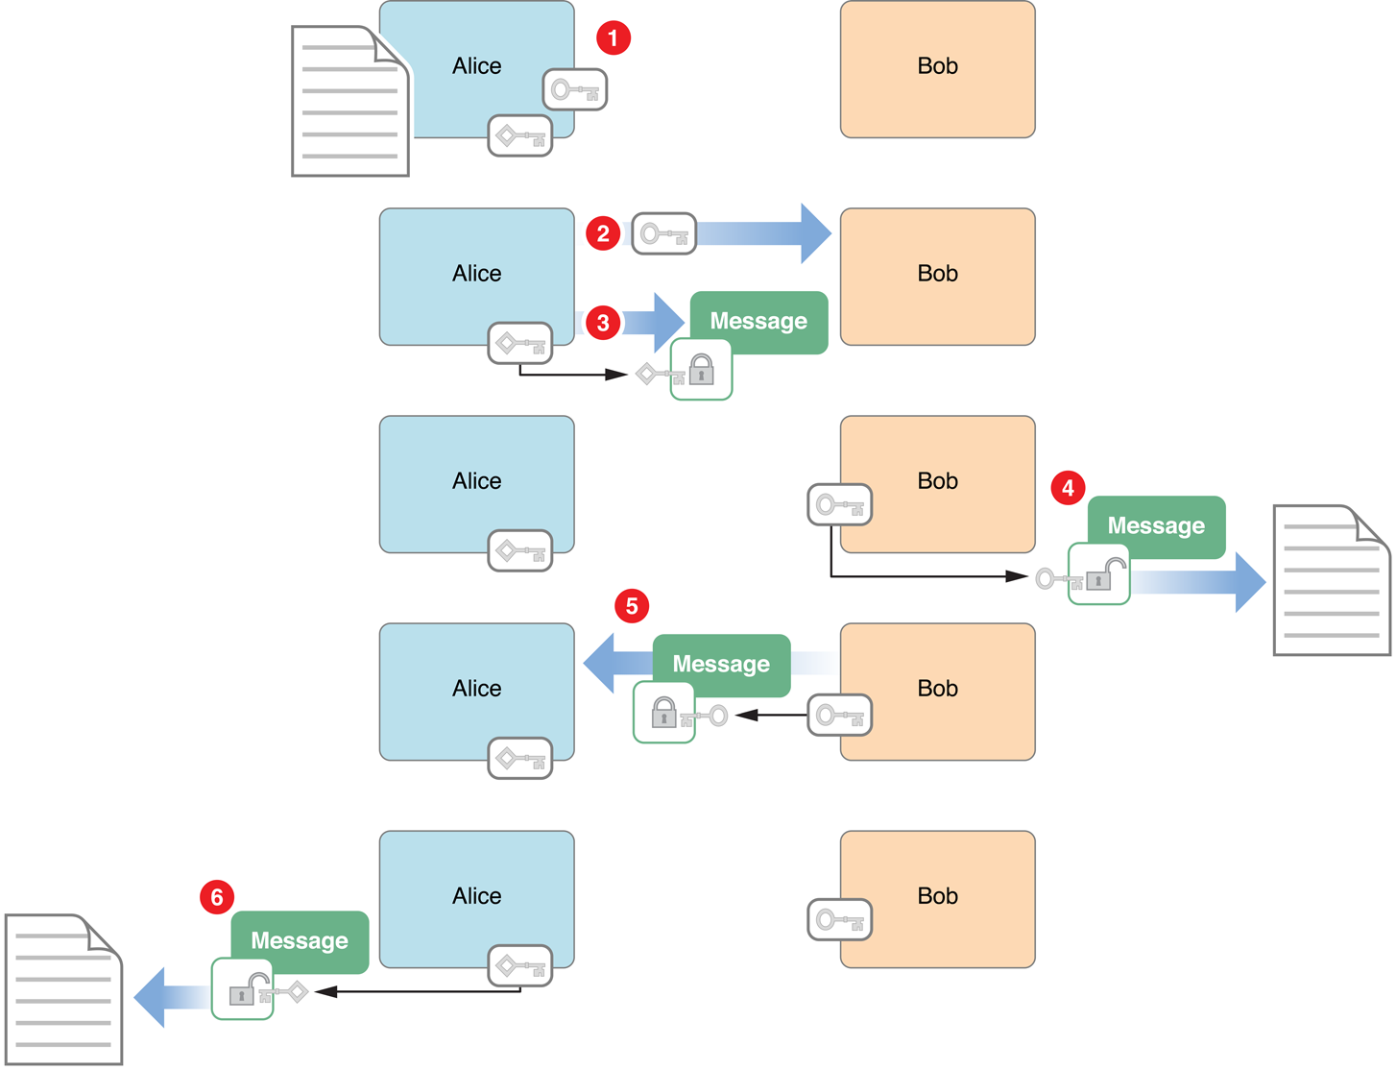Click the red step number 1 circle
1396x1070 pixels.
coord(614,38)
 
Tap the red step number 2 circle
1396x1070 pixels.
coord(603,233)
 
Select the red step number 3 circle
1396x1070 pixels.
coord(603,323)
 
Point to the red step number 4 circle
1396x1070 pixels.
coord(1068,488)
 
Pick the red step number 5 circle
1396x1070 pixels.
coord(632,606)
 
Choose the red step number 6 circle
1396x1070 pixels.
coord(217,897)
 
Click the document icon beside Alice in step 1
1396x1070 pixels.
coord(350,102)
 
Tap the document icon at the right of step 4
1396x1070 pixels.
coord(1331,580)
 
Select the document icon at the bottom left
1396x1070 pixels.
coord(63,989)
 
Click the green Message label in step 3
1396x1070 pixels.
coord(758,322)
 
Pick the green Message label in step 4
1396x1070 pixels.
coord(1156,526)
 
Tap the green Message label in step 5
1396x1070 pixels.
coord(721,665)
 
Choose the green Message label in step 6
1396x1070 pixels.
coord(300,941)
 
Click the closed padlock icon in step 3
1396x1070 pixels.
coord(702,369)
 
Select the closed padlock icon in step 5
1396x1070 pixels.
coord(663,713)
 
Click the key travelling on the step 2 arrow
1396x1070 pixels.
coord(663,234)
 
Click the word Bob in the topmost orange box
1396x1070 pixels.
coord(937,66)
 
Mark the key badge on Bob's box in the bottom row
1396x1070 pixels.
coord(839,920)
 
